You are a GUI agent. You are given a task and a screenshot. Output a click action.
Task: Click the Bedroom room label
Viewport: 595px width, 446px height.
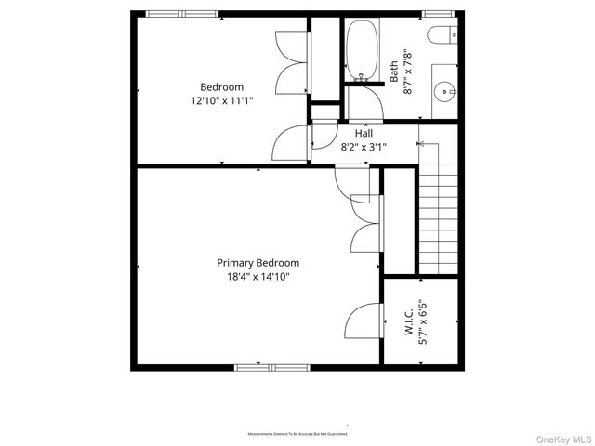[x=221, y=87]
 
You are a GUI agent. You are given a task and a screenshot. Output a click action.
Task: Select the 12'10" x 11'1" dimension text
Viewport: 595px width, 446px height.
[x=221, y=100]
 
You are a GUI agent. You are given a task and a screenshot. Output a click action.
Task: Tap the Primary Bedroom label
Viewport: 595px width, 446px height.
[x=258, y=263]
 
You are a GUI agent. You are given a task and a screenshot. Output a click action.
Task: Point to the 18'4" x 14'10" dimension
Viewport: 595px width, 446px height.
[x=258, y=276]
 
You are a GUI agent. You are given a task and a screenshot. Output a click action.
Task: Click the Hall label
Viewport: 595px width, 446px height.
[x=364, y=133]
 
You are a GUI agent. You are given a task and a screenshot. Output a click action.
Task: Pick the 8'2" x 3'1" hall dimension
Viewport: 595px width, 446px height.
[x=364, y=146]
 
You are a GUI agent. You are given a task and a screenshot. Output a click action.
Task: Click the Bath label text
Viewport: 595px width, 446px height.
[x=394, y=72]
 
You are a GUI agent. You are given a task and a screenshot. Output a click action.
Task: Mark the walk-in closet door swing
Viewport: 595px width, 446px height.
[x=363, y=321]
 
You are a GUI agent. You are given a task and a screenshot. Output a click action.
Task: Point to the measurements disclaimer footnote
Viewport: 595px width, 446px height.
[x=297, y=434]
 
